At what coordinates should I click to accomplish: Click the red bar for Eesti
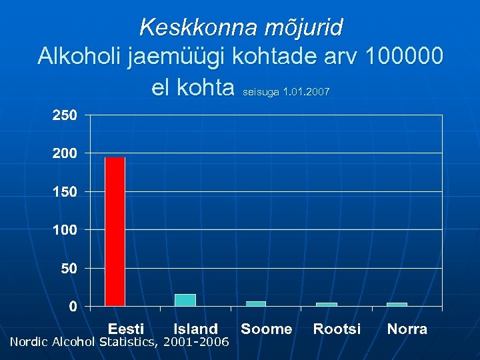(x=115, y=231)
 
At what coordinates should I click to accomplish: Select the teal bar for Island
(x=185, y=300)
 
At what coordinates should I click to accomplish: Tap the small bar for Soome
(x=255, y=303)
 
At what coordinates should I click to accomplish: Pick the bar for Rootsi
(x=326, y=304)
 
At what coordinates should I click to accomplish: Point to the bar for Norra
(x=397, y=304)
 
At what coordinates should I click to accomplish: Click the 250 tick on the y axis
(x=65, y=115)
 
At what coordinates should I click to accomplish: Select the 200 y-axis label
(x=65, y=153)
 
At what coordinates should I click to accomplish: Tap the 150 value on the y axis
(x=65, y=192)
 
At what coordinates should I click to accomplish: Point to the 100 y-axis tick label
(x=65, y=230)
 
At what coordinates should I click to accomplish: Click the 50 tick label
(x=68, y=269)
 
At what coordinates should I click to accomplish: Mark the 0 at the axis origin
(x=72, y=307)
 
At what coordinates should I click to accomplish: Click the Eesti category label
(x=126, y=329)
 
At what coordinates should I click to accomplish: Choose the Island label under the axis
(x=195, y=329)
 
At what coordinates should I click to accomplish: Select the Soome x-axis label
(x=266, y=329)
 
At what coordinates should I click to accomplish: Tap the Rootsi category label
(x=337, y=329)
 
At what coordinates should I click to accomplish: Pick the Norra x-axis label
(x=407, y=329)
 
